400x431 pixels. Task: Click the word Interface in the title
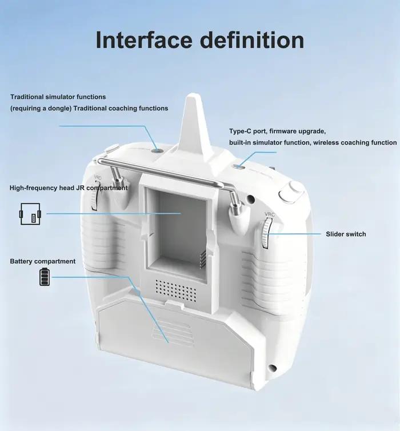click(x=143, y=40)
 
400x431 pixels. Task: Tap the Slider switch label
click(x=346, y=234)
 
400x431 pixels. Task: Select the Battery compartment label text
click(x=43, y=261)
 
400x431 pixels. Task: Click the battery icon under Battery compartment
click(x=45, y=277)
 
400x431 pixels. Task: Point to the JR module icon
click(x=30, y=214)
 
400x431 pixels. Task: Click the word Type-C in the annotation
click(x=240, y=131)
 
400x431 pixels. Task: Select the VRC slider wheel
click(x=266, y=234)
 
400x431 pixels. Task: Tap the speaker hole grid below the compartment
click(x=176, y=290)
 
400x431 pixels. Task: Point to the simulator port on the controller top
click(x=157, y=151)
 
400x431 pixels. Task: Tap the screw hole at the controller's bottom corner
click(x=272, y=367)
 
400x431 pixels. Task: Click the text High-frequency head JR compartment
click(x=69, y=188)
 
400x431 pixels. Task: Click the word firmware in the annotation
click(x=283, y=131)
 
